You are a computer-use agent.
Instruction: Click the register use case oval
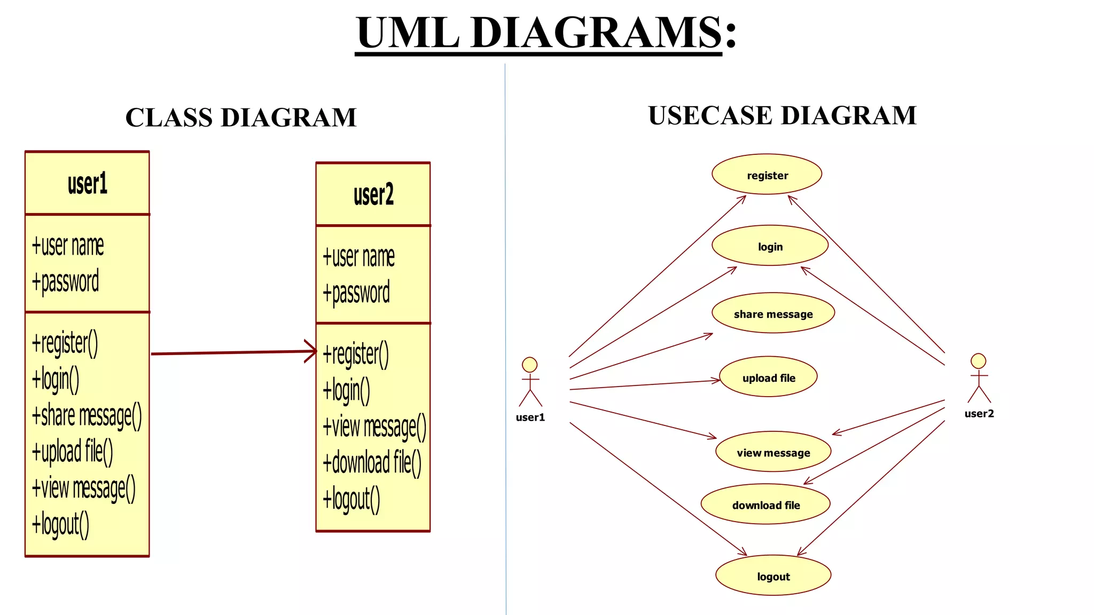[767, 175]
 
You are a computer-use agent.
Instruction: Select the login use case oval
[770, 246]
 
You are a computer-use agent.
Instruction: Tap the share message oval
[773, 313]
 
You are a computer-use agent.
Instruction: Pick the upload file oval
[768, 377]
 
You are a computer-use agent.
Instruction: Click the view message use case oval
[773, 452]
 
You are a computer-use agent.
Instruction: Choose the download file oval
[765, 504]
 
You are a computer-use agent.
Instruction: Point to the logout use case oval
[773, 575]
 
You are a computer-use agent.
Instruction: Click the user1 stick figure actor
[530, 382]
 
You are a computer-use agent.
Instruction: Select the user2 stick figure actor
[979, 378]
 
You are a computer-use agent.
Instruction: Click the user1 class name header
[87, 184]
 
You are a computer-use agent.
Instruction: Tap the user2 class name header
[373, 195]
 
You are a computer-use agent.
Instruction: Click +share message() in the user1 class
[87, 416]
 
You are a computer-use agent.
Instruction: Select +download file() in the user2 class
[372, 462]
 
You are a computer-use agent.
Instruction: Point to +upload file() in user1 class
[73, 452]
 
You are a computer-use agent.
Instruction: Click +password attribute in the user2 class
[356, 293]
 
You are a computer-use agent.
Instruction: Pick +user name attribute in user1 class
[68, 246]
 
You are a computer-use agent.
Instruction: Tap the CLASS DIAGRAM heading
[241, 117]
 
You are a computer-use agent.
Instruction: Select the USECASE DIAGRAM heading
[782, 115]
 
